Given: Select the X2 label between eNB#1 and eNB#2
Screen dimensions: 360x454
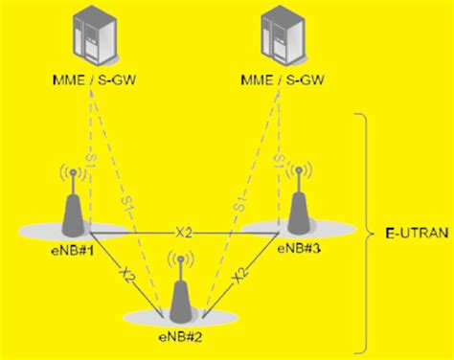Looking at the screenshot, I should click(123, 275).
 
